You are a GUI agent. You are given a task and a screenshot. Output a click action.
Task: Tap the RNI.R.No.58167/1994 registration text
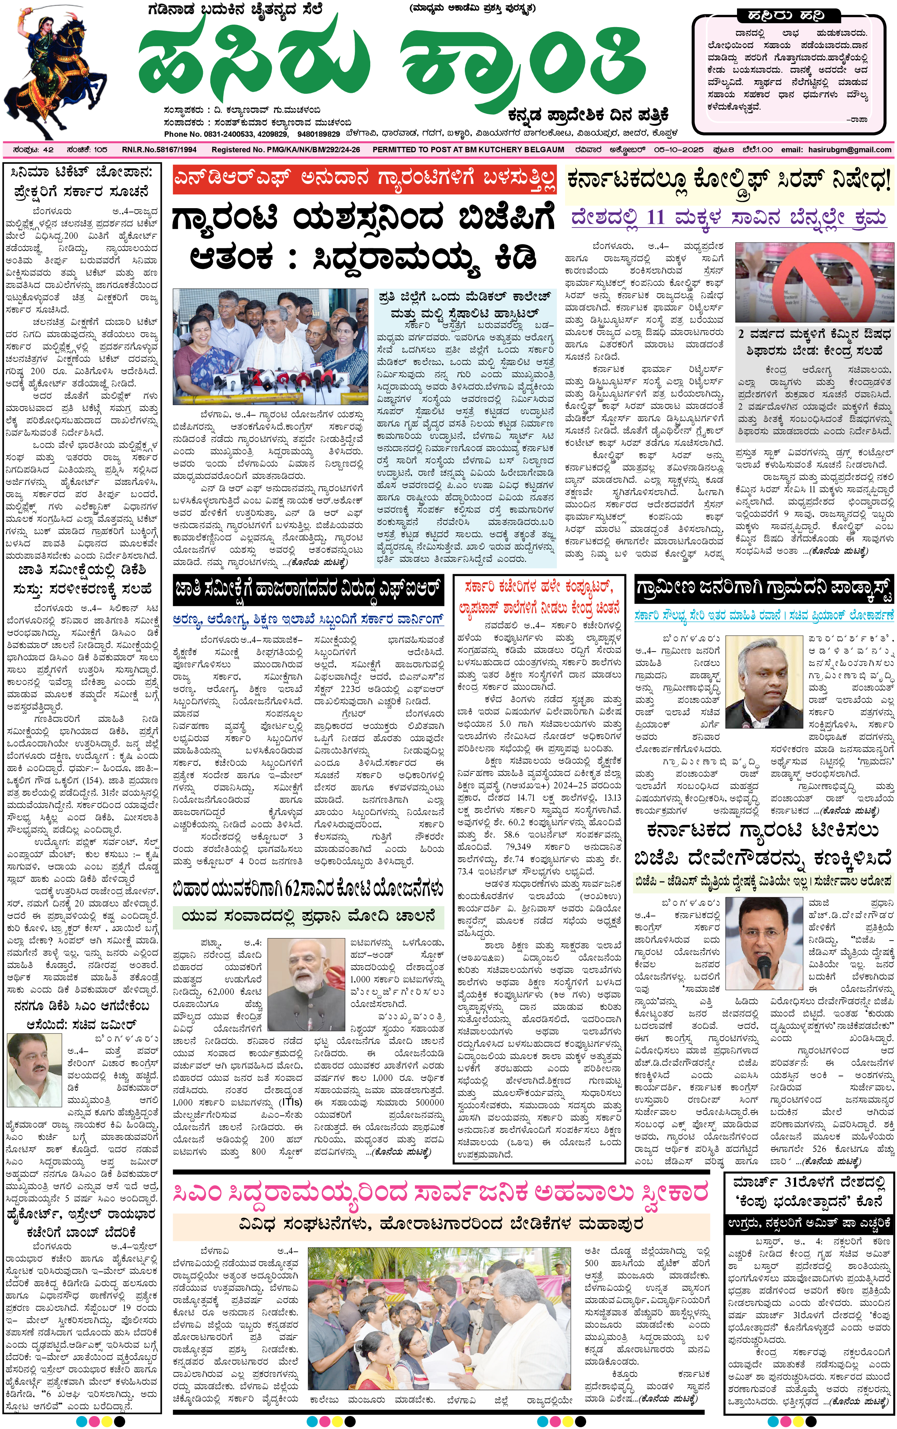pos(159,150)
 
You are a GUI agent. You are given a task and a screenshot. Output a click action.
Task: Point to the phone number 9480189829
pos(319,134)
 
